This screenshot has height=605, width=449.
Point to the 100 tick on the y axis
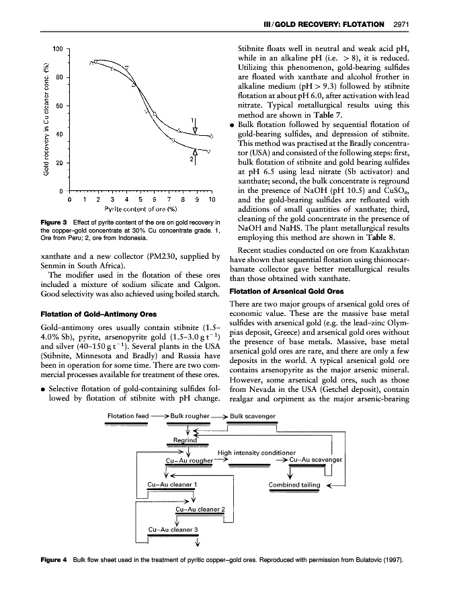[x=58, y=49]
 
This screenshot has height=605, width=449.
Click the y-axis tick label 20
[x=60, y=163]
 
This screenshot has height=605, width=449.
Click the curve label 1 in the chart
[x=193, y=122]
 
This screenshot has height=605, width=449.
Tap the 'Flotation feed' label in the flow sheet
[x=128, y=416]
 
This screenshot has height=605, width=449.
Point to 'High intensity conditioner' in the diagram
[x=257, y=452]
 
